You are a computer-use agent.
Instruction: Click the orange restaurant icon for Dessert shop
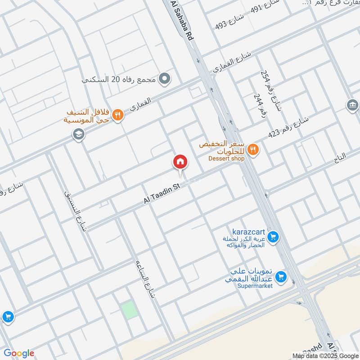pyautogui.click(x=253, y=149)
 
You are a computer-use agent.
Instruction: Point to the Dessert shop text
pyautogui.click(x=226, y=158)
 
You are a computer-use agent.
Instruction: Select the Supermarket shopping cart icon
pyautogui.click(x=281, y=277)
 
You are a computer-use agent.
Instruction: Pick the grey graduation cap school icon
pyautogui.click(x=79, y=134)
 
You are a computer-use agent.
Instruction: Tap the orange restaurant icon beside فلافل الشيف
pyautogui.click(x=117, y=115)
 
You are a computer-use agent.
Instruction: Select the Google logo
pyautogui.click(x=19, y=353)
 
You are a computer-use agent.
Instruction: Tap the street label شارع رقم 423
pyautogui.click(x=288, y=127)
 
